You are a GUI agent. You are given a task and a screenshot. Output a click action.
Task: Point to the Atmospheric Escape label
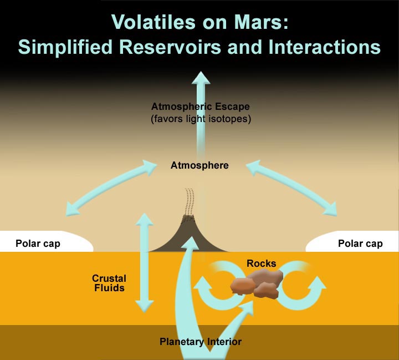point(201,106)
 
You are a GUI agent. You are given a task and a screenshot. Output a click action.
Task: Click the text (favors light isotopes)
point(201,118)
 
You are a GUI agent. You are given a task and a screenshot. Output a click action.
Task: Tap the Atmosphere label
point(199,165)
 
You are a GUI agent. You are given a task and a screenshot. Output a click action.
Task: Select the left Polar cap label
point(38,244)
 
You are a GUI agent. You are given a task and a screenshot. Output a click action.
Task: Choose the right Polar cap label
point(360,244)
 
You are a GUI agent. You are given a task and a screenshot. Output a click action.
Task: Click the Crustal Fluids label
point(109,283)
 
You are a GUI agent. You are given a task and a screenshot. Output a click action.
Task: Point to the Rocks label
point(262,263)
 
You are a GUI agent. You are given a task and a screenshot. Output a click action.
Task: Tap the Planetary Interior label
point(201,341)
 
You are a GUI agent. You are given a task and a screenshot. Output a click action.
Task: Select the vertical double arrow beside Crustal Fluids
point(145,261)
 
